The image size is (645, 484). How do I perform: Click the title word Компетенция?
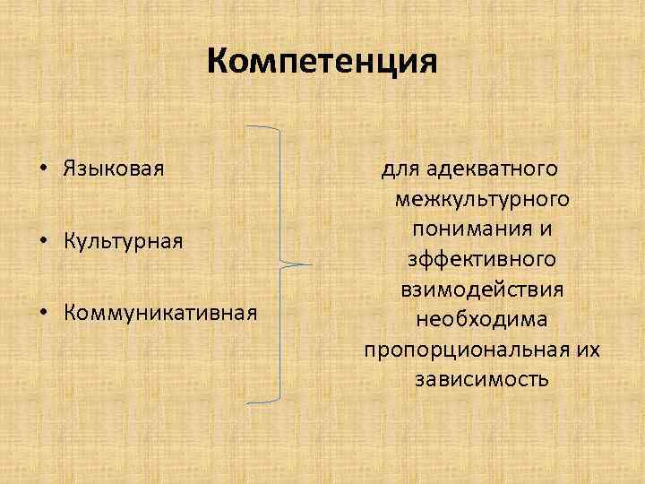[x=322, y=63]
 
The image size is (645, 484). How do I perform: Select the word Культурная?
[x=123, y=241]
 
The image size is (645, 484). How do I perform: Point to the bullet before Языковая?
[x=43, y=169]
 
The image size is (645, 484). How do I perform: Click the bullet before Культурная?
[x=43, y=241]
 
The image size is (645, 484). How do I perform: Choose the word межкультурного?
[x=481, y=198]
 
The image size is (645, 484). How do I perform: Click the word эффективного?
[x=481, y=259]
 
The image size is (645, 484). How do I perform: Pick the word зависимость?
[x=481, y=379]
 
